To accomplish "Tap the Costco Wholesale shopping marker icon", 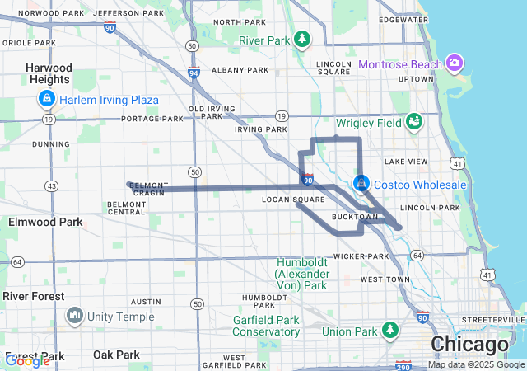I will pyautogui.click(x=361, y=184).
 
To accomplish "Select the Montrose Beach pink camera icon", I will pyautogui.click(x=454, y=63).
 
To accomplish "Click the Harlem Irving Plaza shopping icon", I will pyautogui.click(x=46, y=101).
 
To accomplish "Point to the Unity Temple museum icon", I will pyautogui.click(x=75, y=317).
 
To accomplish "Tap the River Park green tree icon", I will pyautogui.click(x=303, y=39).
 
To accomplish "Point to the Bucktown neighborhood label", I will pyautogui.click(x=354, y=217).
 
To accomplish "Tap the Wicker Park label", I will pyautogui.click(x=361, y=256).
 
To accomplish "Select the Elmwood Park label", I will pyautogui.click(x=45, y=222).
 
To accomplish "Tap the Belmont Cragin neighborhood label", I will pyautogui.click(x=149, y=189).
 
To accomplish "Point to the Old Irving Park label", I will pyautogui.click(x=206, y=113).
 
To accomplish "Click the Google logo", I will pyautogui.click(x=27, y=360).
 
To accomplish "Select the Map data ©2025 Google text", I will pyautogui.click(x=475, y=364).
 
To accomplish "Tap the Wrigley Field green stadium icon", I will pyautogui.click(x=414, y=122).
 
